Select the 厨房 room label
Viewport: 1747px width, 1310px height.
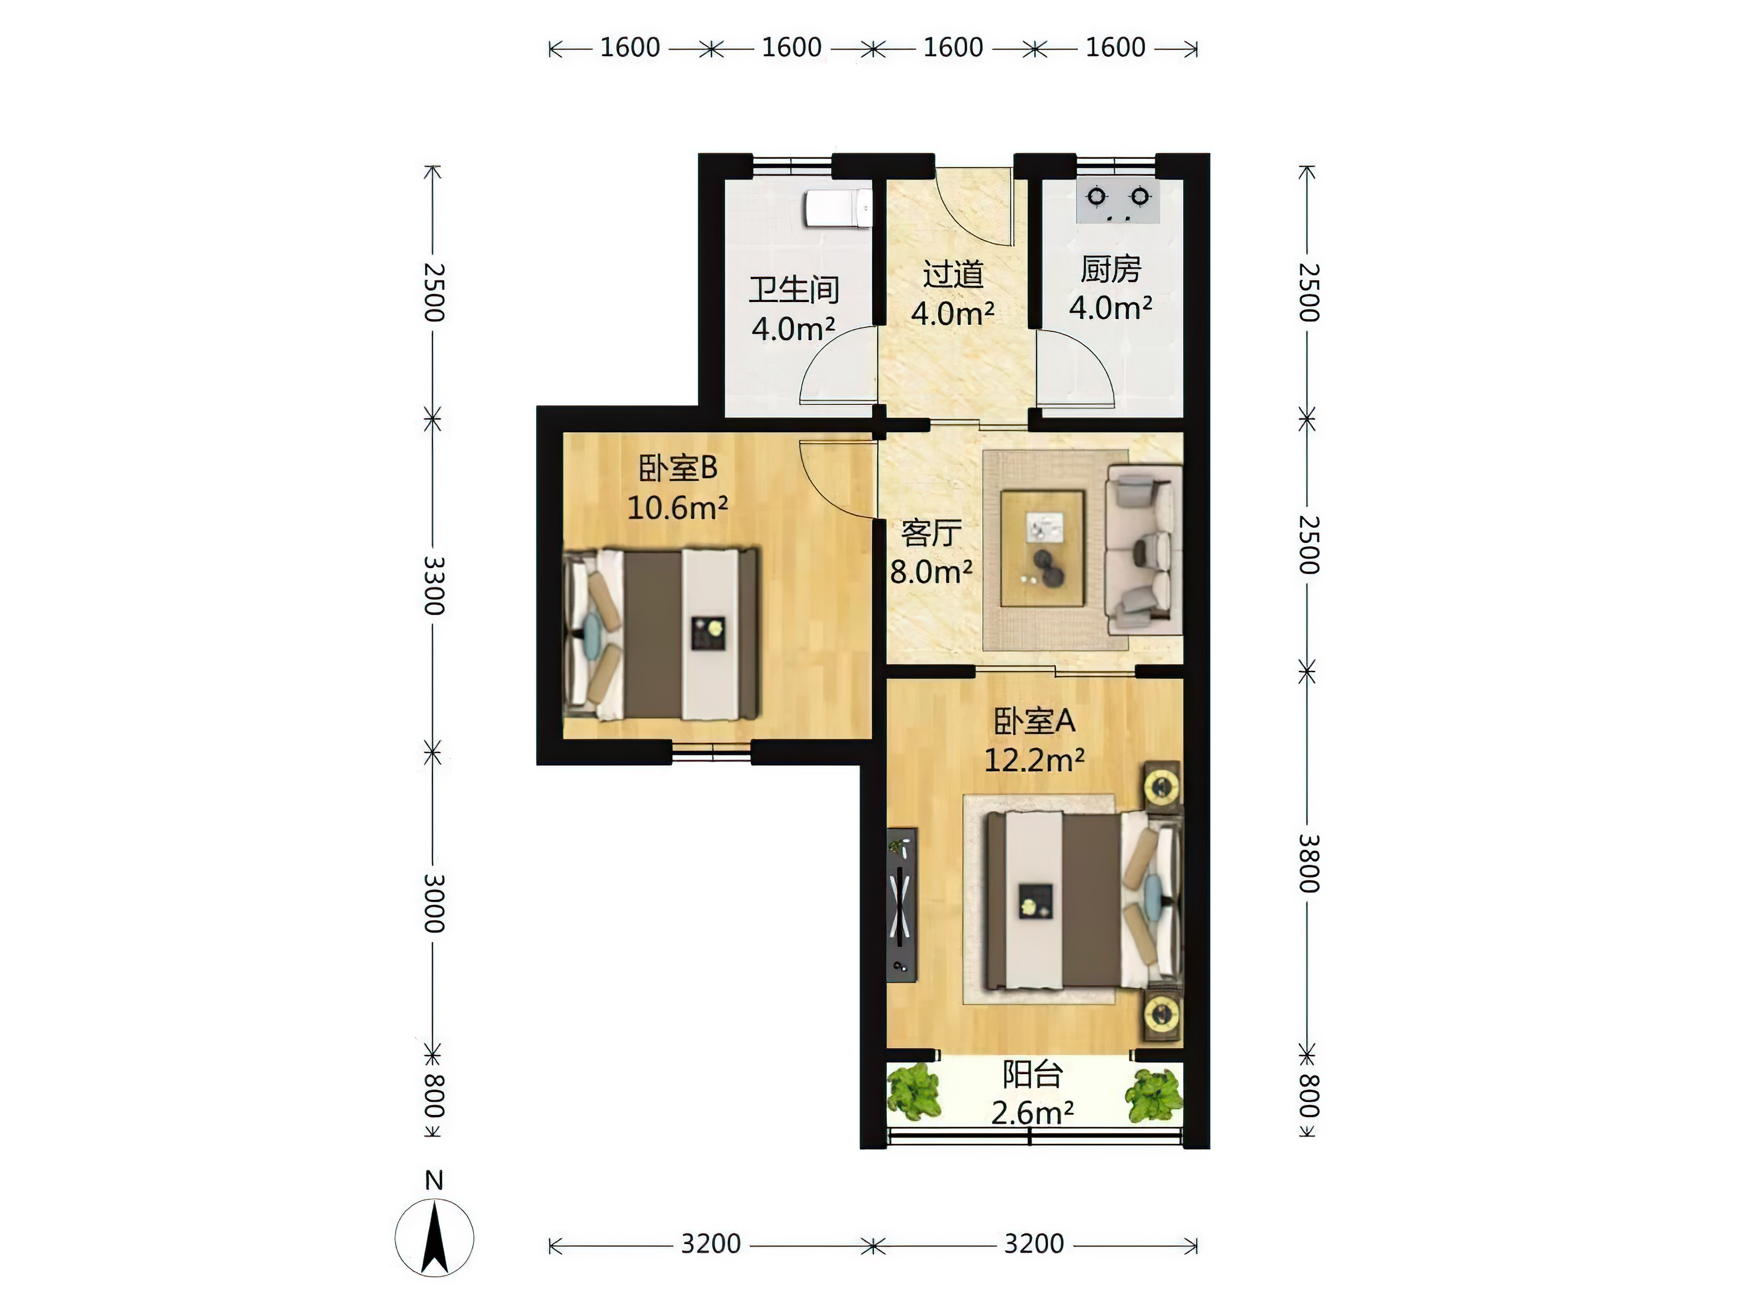click(x=1110, y=269)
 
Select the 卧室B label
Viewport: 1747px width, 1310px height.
click(x=678, y=468)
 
